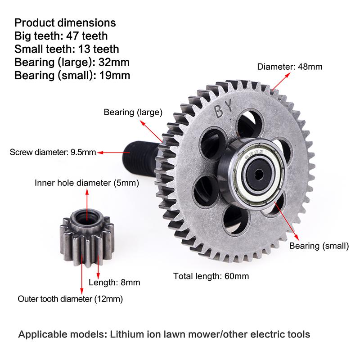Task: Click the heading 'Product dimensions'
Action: [x=65, y=22]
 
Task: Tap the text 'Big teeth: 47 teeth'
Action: [x=61, y=36]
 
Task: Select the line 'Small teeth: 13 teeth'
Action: [x=67, y=49]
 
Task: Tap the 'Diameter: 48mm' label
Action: [x=290, y=67]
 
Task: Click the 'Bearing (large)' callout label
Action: [x=133, y=112]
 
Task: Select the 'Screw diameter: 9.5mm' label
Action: [x=53, y=152]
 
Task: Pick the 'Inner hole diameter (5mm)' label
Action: [x=87, y=183]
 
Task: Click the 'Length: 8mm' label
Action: [x=114, y=283]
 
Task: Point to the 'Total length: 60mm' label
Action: [x=211, y=276]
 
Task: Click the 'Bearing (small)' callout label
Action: [x=319, y=246]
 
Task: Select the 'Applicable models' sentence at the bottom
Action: [x=164, y=335]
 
